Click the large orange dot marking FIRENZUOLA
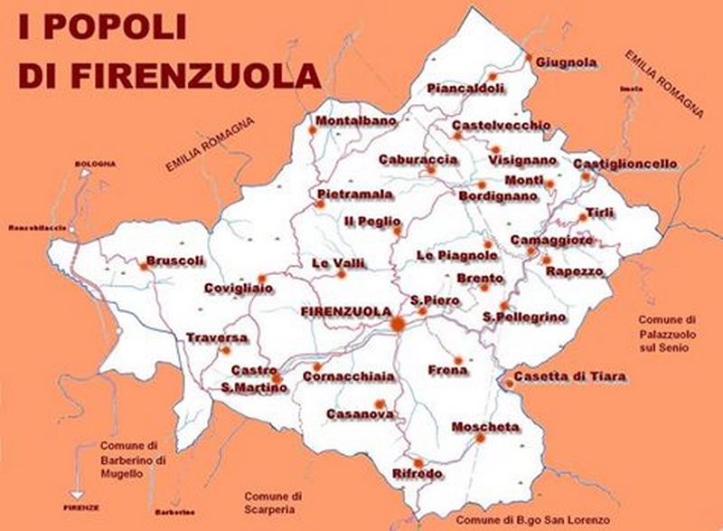[397, 323]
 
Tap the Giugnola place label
[567, 62]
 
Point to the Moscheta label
[485, 426]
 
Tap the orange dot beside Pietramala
[320, 204]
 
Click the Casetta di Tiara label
[570, 376]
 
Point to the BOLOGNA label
[96, 163]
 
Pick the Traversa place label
[217, 338]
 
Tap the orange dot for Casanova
[380, 403]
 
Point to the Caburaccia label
[418, 158]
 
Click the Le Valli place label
[338, 262]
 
